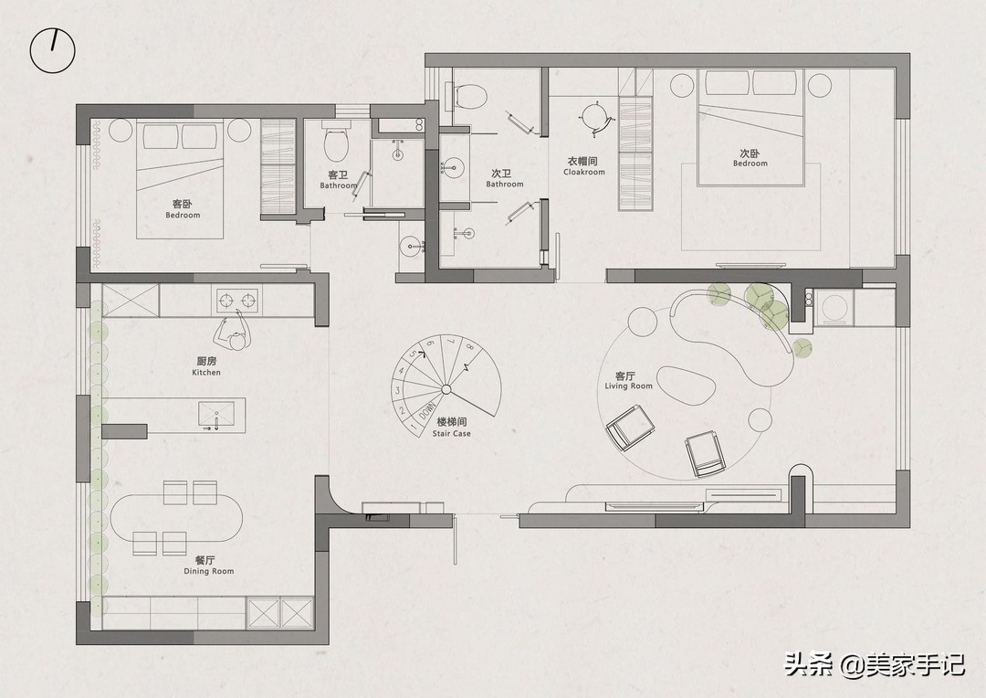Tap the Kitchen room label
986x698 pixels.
click(x=206, y=366)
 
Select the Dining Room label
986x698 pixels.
click(x=208, y=566)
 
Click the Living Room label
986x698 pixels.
click(x=628, y=380)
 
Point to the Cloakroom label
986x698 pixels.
click(x=583, y=166)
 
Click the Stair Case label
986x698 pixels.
click(x=452, y=428)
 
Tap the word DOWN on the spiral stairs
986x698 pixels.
click(x=427, y=414)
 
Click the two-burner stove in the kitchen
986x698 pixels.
click(x=237, y=301)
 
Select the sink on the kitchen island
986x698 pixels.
click(x=216, y=415)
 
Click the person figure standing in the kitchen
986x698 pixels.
click(x=231, y=333)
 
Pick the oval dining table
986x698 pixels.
click(x=177, y=518)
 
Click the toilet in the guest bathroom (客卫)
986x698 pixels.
click(x=336, y=141)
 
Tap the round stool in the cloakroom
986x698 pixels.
click(x=593, y=117)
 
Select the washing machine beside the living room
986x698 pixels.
click(x=834, y=308)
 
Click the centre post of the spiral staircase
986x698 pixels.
click(x=446, y=389)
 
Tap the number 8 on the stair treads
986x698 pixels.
click(x=470, y=346)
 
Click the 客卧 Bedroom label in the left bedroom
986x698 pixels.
click(x=183, y=209)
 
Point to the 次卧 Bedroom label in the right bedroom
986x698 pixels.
click(x=750, y=157)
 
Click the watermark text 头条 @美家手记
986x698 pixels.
click(x=874, y=664)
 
